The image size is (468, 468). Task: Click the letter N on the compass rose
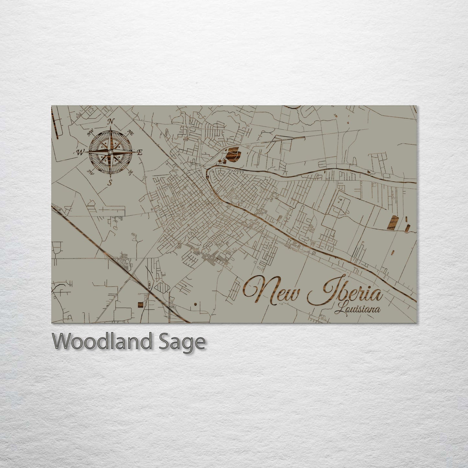pyautogui.click(x=110, y=122)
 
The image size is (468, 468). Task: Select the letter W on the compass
pyautogui.click(x=79, y=152)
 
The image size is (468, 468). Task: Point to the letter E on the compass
pyautogui.click(x=140, y=153)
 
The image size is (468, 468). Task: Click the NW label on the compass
pyautogui.click(x=91, y=132)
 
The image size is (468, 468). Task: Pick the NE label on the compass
pyautogui.click(x=131, y=132)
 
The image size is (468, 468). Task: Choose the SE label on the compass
pyautogui.click(x=131, y=173)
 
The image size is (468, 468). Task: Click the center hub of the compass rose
pyautogui.click(x=110, y=152)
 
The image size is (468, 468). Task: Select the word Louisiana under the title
pyautogui.click(x=358, y=309)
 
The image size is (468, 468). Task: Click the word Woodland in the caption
pyautogui.click(x=102, y=341)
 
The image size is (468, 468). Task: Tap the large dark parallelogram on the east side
pyautogui.click(x=392, y=223)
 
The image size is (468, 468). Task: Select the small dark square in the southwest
pyautogui.click(x=140, y=304)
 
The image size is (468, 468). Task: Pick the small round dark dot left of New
pyautogui.click(x=196, y=304)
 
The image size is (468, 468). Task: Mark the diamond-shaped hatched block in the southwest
pyautogui.click(x=161, y=287)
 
